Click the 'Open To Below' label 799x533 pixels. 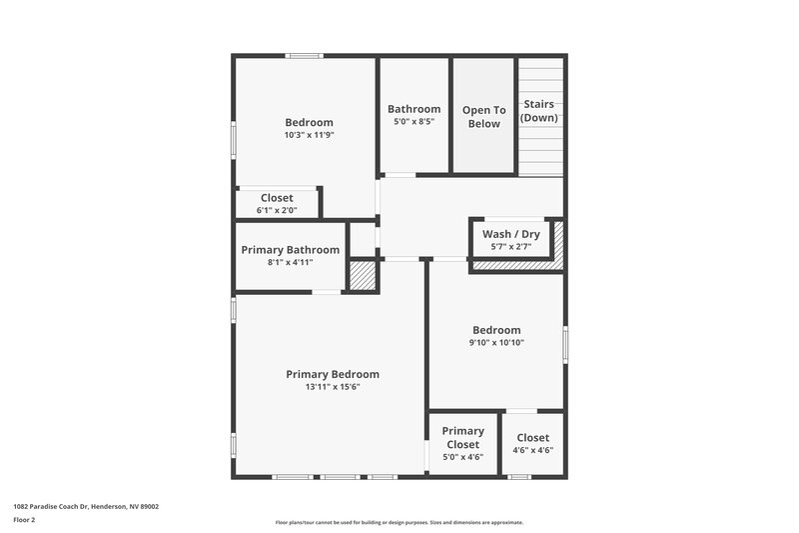(483, 117)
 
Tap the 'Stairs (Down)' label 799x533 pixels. (539, 110)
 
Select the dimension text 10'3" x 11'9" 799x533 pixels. (309, 134)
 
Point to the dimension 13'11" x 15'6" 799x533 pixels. (333, 387)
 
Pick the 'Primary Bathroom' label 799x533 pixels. (290, 250)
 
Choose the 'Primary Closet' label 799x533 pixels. (463, 438)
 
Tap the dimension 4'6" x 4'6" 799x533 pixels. (533, 450)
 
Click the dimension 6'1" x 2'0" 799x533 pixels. (277, 211)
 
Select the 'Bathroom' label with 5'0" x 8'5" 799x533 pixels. (413, 109)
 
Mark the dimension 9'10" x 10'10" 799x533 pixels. (496, 343)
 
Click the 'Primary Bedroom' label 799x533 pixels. (333, 374)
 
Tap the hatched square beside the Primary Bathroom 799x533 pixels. (362, 275)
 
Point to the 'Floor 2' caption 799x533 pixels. (25, 520)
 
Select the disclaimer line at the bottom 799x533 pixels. (399, 522)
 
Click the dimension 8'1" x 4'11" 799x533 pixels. (290, 263)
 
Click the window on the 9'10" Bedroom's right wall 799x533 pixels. (565, 344)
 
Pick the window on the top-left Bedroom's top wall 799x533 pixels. (304, 56)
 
